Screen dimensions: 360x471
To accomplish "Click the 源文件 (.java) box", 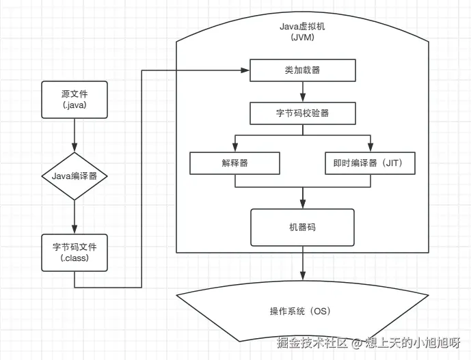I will click(x=74, y=100).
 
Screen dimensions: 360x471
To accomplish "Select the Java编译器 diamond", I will click(x=74, y=176).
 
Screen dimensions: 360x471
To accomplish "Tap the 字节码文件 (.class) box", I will click(x=74, y=252).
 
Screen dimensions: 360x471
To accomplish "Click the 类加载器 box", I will click(x=303, y=70).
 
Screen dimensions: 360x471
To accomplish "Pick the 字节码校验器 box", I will click(x=303, y=113).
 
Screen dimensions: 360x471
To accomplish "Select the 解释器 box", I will click(x=234, y=163).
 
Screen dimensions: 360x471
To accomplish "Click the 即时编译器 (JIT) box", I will click(x=369, y=163).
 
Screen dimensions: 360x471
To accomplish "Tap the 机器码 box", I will click(x=303, y=227).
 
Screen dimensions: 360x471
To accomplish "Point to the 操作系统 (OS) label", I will click(x=300, y=311).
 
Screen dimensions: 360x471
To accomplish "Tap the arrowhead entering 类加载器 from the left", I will click(x=245, y=70).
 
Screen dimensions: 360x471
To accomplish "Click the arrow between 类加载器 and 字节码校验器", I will click(x=303, y=92).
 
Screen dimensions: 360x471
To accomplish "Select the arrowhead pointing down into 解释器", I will click(x=234, y=148).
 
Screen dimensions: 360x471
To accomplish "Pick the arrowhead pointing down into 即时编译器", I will click(x=370, y=148).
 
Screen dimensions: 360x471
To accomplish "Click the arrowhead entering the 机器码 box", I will click(x=303, y=204).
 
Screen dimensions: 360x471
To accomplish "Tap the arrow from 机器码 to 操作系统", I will click(x=303, y=264).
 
